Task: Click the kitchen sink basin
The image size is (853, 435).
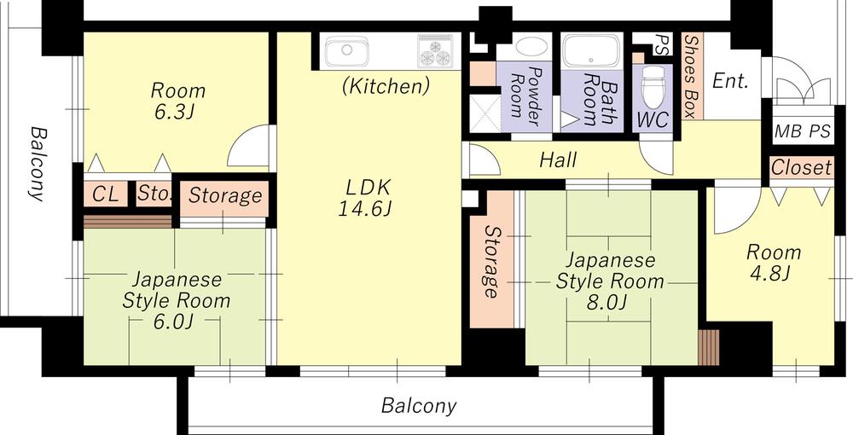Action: pos(347,52)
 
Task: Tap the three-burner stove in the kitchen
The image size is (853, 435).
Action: pos(435,51)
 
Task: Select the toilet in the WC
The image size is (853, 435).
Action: pos(653,88)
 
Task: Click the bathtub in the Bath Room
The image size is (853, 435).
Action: pos(591,50)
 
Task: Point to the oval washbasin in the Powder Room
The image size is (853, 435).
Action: pos(531,47)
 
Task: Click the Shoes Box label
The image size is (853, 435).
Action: pos(691,76)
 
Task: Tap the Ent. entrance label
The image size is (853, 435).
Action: pos(730,82)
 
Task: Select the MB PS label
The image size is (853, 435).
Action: pos(803,131)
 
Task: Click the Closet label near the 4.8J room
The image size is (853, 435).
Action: pos(801,167)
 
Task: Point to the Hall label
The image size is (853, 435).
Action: pos(558,160)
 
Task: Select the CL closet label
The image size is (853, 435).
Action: pos(105,194)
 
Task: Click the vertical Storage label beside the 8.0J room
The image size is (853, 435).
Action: pos(491,262)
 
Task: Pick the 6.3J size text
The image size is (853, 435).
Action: pos(173,112)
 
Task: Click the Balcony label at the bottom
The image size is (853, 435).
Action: pos(419,406)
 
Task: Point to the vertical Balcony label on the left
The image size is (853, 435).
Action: pos(37,164)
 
